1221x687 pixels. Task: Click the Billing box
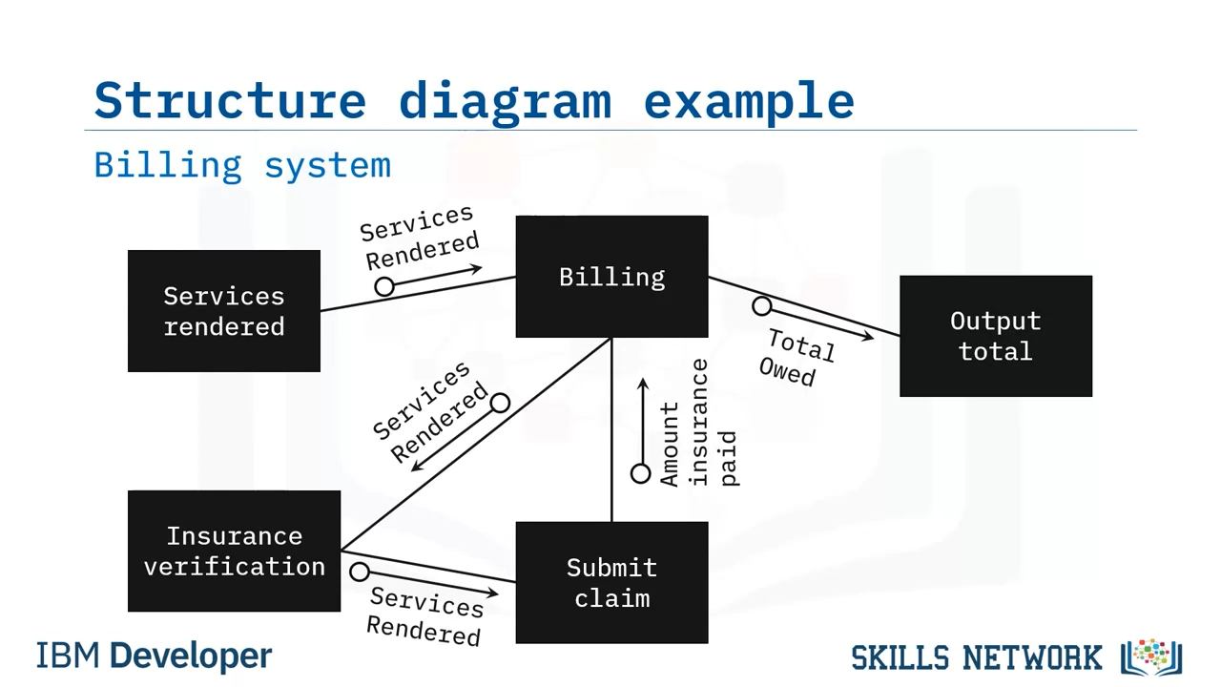point(611,277)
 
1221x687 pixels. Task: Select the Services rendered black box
point(224,311)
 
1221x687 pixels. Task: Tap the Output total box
point(996,336)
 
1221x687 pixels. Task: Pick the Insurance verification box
point(234,552)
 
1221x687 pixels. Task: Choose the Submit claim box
point(611,583)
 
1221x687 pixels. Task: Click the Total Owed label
point(795,358)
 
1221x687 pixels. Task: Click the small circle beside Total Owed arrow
point(761,306)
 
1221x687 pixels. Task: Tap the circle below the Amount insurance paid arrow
point(641,473)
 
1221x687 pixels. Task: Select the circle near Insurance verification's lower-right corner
point(360,572)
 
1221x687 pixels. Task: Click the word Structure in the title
point(230,100)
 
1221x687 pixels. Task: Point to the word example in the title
point(749,100)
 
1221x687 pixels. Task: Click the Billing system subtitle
point(242,165)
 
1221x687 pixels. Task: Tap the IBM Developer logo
point(154,656)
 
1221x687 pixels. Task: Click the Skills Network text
point(977,657)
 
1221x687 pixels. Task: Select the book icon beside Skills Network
point(1152,656)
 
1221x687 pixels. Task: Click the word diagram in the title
point(505,100)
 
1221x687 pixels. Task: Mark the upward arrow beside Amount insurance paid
point(643,420)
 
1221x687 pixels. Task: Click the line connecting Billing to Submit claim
point(611,429)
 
